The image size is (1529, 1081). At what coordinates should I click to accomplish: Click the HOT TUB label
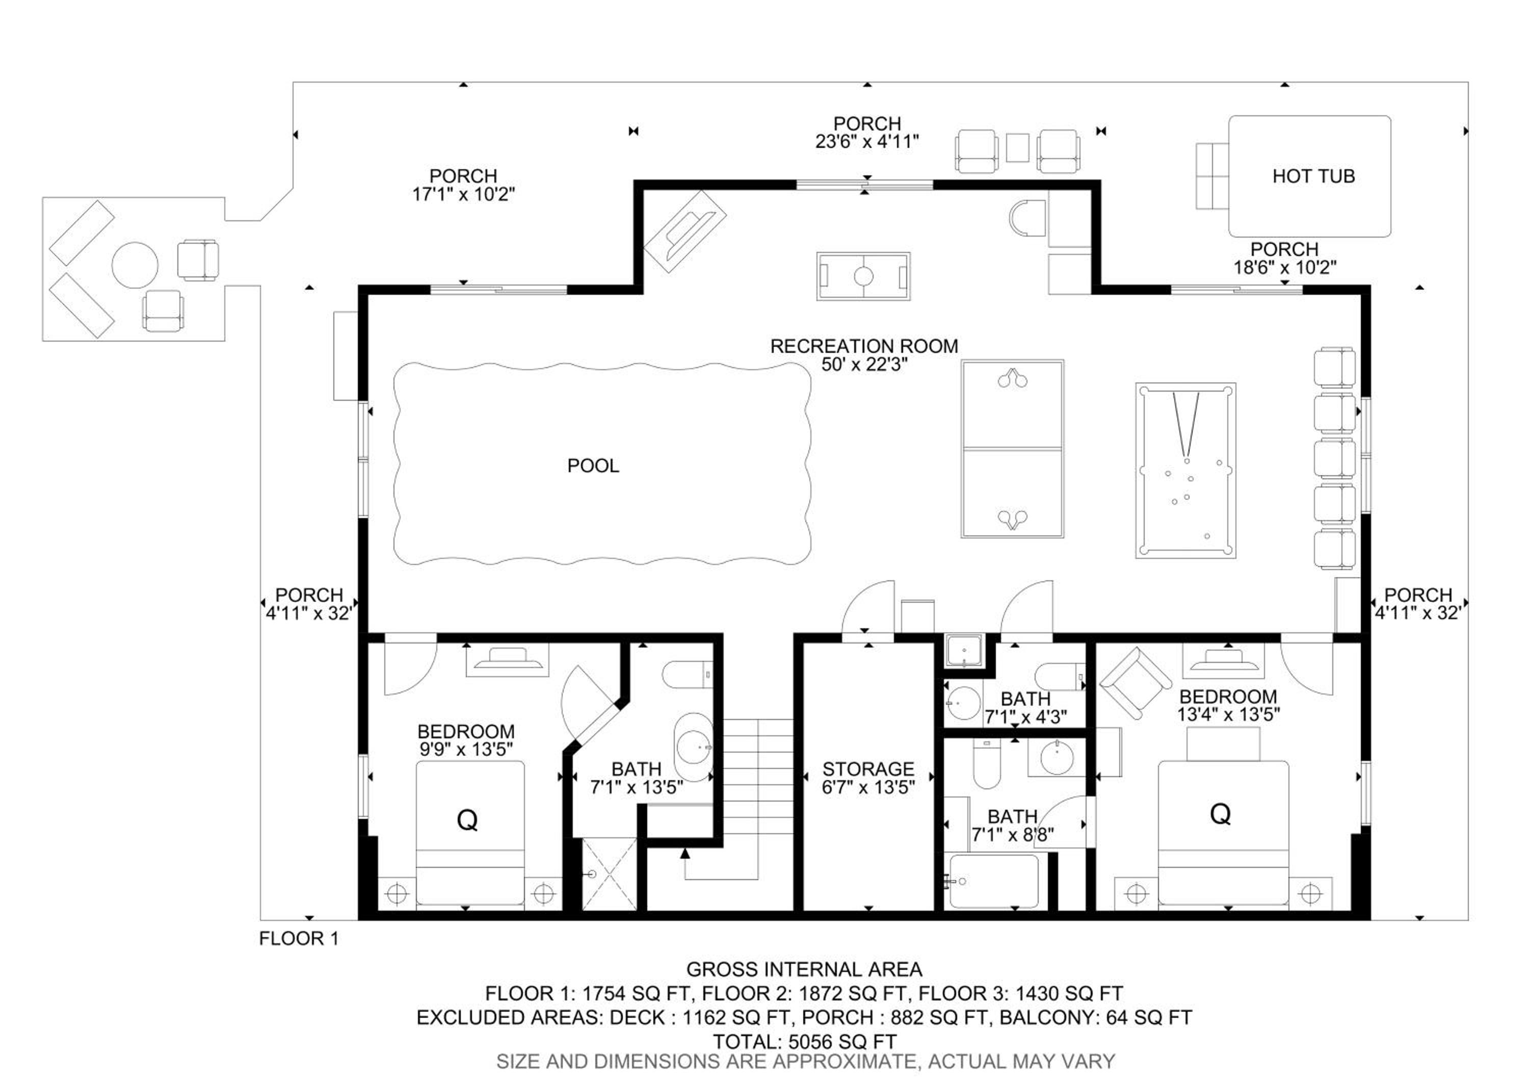click(1313, 176)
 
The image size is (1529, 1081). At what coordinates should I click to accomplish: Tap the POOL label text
click(593, 466)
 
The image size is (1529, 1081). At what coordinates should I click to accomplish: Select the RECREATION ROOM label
click(864, 346)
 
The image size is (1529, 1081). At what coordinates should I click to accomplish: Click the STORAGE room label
click(868, 769)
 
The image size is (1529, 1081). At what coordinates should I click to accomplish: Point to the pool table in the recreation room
click(1185, 470)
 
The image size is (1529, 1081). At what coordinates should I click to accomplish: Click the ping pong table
click(1012, 449)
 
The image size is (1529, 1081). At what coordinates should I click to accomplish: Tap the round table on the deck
click(135, 265)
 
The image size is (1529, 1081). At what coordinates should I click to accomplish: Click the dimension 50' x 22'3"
click(864, 365)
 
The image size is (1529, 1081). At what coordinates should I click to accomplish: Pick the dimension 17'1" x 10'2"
click(463, 194)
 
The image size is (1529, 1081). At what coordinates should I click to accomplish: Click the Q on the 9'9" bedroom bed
click(467, 820)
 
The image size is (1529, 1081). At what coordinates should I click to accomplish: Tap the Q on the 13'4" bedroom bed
click(1221, 814)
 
